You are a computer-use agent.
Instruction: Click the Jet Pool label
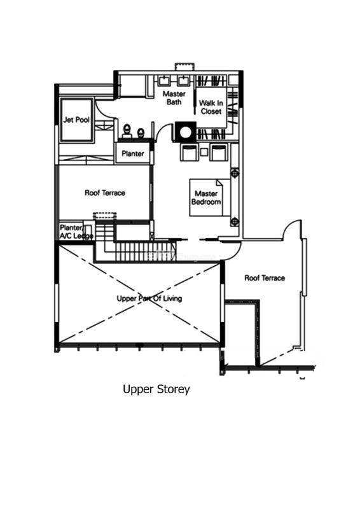click(x=76, y=120)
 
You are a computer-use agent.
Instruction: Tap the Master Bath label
click(x=174, y=98)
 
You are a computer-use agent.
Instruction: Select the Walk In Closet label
click(x=211, y=107)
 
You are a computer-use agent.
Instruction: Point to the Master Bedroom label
click(x=206, y=198)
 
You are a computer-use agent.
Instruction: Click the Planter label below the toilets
click(x=133, y=153)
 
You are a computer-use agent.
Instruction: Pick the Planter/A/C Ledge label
click(x=76, y=232)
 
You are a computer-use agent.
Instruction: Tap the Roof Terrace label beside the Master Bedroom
click(x=105, y=193)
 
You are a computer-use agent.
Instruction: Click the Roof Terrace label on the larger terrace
click(x=265, y=278)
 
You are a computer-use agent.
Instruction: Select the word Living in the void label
click(x=172, y=298)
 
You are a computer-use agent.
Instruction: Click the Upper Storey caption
click(x=156, y=389)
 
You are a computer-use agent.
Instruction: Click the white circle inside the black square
click(x=185, y=132)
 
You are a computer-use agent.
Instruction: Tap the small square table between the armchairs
click(x=204, y=152)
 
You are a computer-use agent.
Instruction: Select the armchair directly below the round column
click(x=189, y=153)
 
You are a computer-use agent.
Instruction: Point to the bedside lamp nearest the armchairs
click(x=235, y=173)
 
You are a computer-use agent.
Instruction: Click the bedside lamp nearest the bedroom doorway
click(x=235, y=221)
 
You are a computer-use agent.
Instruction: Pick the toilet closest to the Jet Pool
click(x=127, y=130)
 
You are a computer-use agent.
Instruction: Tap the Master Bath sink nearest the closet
click(x=184, y=81)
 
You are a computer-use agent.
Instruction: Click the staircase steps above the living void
click(x=140, y=251)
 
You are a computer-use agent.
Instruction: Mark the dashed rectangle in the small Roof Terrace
click(x=105, y=216)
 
